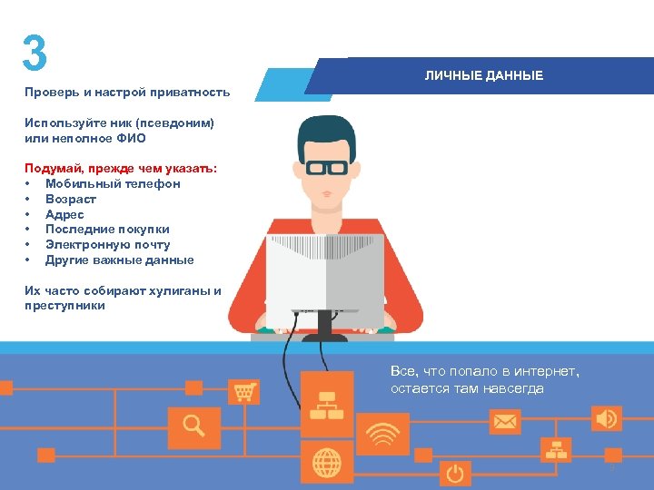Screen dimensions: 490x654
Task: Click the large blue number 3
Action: (35, 54)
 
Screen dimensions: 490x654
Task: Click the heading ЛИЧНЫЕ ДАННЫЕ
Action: (484, 75)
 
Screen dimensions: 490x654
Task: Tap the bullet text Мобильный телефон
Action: (113, 183)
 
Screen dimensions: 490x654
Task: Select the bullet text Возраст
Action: (71, 199)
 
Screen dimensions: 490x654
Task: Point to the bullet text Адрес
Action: (64, 214)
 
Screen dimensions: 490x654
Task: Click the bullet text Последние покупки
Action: (107, 230)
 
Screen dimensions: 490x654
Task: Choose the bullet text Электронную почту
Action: (107, 245)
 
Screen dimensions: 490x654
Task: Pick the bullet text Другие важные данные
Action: (119, 260)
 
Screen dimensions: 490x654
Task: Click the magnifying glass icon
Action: (193, 425)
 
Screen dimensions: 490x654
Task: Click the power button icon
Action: (454, 473)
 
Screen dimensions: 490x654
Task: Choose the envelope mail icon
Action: (504, 422)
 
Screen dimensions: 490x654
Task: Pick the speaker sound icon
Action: (606, 418)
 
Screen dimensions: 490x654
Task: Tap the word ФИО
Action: (131, 138)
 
